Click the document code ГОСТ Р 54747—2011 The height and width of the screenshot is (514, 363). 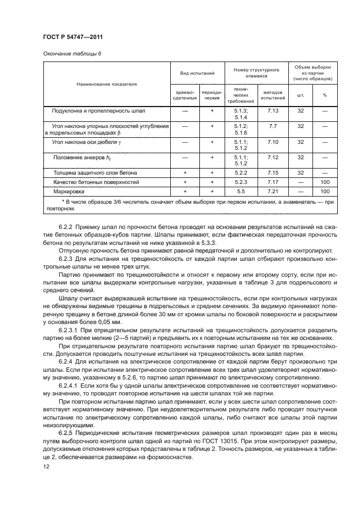pos(72,37)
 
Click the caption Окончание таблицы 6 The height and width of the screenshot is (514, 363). pos(72,53)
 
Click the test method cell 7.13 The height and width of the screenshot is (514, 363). pos(273,110)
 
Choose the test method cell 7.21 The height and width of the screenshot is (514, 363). pos(273,191)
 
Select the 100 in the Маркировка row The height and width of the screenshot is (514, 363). pos(325,191)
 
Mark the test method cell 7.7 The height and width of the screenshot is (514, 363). pos(273,126)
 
